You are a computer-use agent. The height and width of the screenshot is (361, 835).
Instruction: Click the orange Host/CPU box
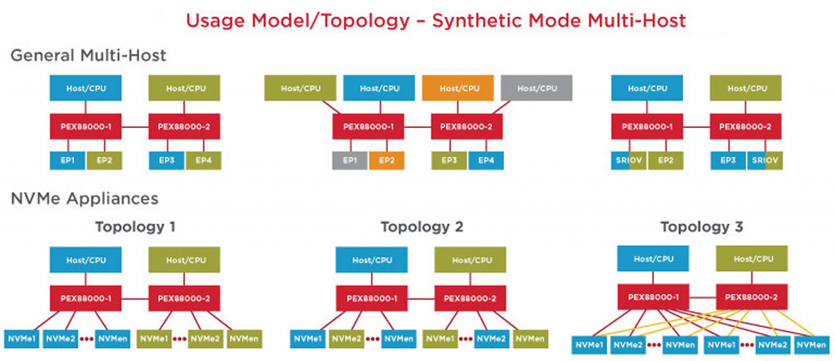457,88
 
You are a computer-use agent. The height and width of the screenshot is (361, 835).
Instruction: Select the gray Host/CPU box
537,88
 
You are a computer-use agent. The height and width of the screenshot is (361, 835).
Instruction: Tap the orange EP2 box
387,161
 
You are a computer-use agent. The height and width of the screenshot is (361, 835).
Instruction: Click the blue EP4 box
486,161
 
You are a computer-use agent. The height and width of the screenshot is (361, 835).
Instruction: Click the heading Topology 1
135,227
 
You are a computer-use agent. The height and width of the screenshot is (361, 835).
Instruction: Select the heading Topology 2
422,227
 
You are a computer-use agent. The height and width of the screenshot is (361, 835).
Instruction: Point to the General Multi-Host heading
88,56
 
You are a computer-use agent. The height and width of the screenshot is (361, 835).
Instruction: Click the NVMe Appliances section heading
84,198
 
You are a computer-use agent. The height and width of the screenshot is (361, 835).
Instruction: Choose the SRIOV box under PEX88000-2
764,161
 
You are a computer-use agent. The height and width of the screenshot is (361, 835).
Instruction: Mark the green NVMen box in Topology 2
528,337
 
